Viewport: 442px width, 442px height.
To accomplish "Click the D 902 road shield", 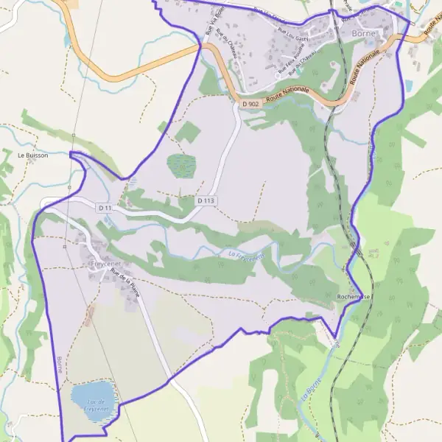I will (250, 105).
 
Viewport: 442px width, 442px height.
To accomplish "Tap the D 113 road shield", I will (206, 200).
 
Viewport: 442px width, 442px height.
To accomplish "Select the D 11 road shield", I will (104, 208).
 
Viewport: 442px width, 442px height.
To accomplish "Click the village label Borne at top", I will (364, 34).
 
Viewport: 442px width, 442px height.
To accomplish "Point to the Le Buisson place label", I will (32, 155).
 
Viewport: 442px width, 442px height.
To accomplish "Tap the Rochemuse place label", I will (354, 297).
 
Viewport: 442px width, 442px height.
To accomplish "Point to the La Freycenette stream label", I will (246, 256).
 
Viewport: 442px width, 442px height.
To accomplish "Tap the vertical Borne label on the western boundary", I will (58, 365).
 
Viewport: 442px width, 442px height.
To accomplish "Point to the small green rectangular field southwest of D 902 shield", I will (188, 132).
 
